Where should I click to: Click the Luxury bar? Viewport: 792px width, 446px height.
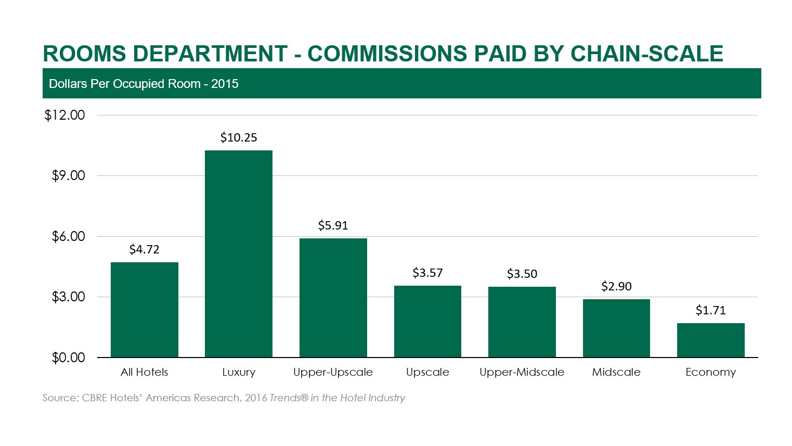[238, 253]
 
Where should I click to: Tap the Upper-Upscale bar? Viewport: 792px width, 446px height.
[333, 298]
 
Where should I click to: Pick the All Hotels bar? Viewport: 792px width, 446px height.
[144, 310]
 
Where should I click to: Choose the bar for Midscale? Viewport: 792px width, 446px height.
[616, 328]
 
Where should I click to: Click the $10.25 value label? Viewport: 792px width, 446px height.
[238, 137]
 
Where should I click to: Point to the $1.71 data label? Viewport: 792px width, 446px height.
[710, 310]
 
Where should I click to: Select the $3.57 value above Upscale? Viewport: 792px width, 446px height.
[427, 273]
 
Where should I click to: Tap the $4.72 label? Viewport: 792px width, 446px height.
[144, 249]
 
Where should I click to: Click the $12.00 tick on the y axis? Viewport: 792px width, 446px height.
[64, 115]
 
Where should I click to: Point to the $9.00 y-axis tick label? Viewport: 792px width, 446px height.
[68, 176]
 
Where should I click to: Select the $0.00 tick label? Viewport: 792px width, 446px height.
[68, 358]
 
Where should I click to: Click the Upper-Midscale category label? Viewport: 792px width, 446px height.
[522, 372]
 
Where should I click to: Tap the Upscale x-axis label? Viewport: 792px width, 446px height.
[427, 372]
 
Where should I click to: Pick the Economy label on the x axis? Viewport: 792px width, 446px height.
[710, 372]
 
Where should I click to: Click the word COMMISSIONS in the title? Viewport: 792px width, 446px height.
[387, 54]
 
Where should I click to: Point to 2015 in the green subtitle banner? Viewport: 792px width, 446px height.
[225, 84]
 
